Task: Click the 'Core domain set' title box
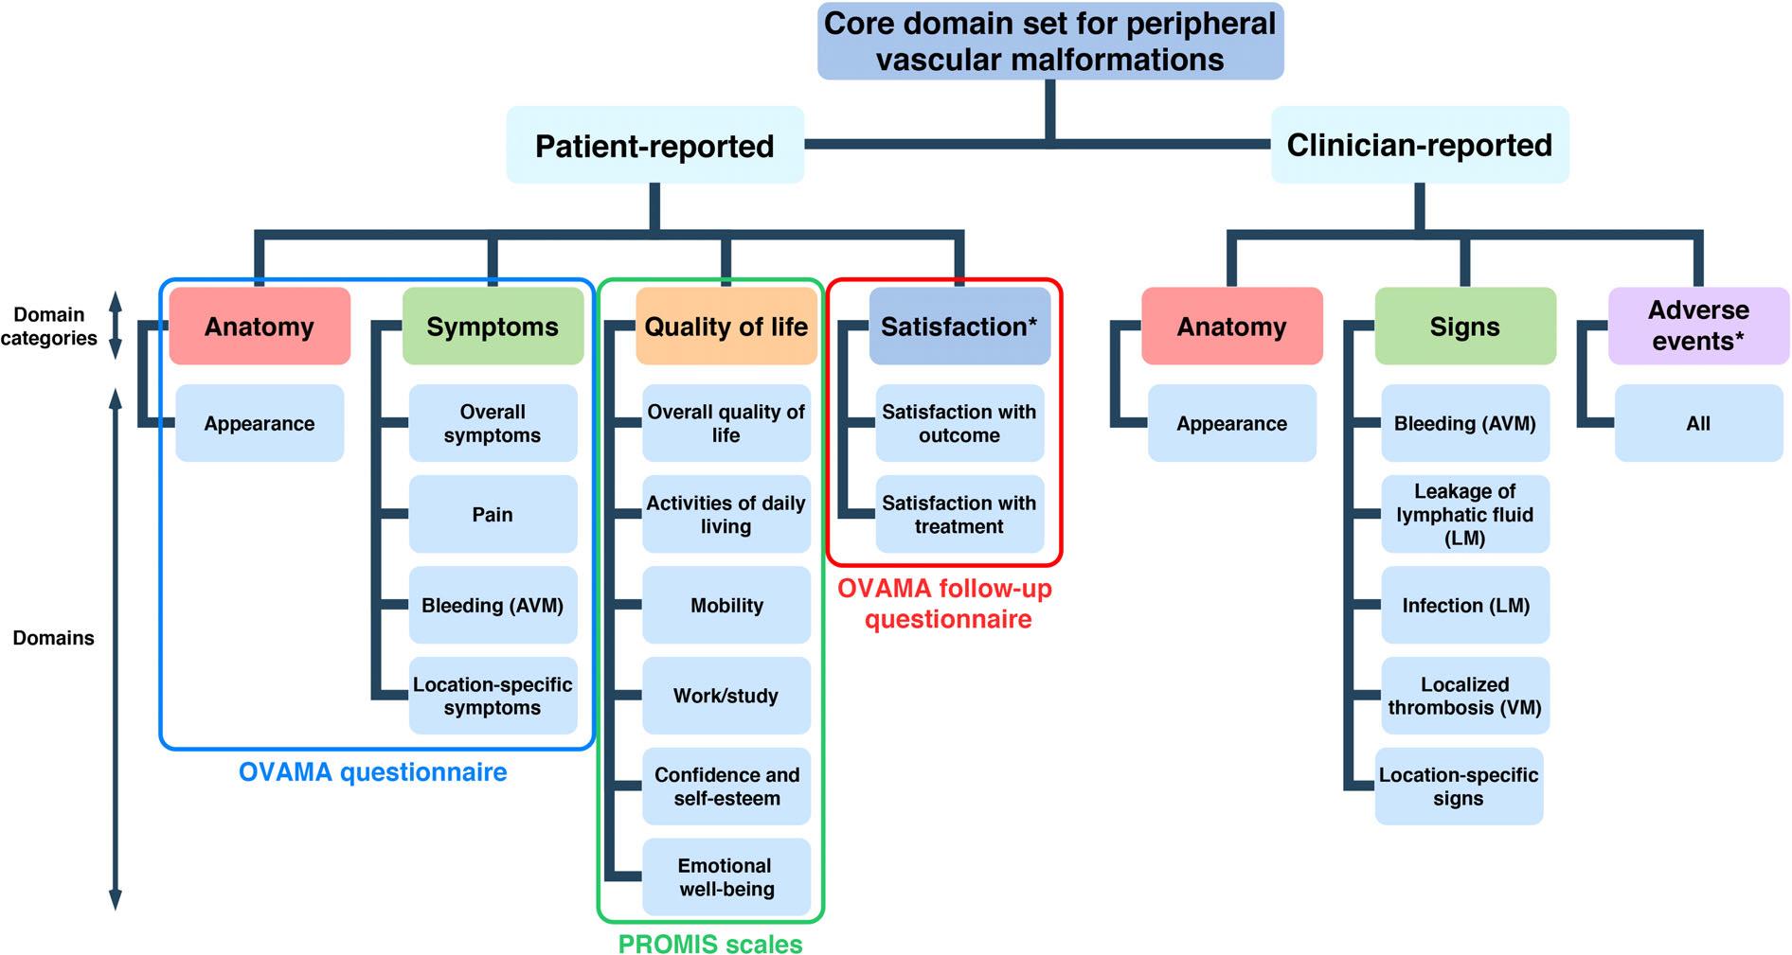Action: tap(1050, 41)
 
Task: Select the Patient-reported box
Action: tap(654, 145)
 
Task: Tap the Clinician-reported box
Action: tap(1419, 145)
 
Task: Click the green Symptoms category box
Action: tap(493, 327)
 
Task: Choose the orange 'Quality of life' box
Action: tap(726, 327)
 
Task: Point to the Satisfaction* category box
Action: tap(959, 327)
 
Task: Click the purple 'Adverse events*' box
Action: tap(1698, 327)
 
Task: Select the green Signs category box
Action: tap(1465, 327)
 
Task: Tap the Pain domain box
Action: tap(493, 514)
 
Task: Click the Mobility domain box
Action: tap(726, 605)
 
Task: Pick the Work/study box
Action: tap(726, 696)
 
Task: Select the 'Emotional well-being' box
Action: tap(726, 876)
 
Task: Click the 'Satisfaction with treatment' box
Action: tap(959, 514)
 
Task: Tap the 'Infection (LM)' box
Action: tap(1465, 605)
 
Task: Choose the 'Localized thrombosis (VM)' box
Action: tap(1465, 696)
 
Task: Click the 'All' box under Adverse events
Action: tap(1698, 423)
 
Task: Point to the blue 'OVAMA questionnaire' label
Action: tap(373, 772)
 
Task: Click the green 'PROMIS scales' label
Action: tap(710, 944)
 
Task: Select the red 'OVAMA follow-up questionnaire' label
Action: tap(945, 604)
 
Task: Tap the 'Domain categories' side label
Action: tap(49, 327)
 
